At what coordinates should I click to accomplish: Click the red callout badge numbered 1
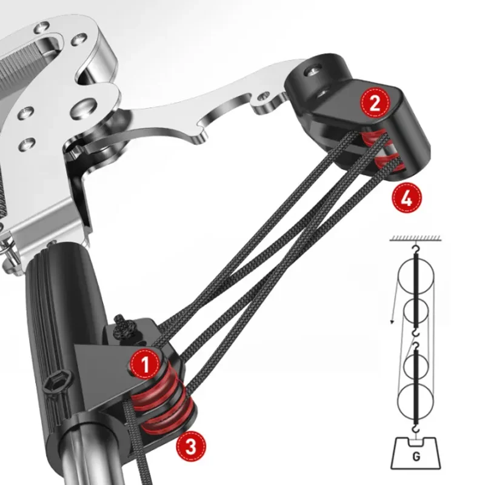(145, 364)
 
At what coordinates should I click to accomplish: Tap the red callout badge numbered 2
(375, 102)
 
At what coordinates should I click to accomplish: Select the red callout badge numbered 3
(191, 446)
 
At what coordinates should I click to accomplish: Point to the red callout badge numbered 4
(406, 198)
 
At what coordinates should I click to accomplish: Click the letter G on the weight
(416, 457)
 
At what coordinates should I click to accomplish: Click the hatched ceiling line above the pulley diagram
(415, 238)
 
